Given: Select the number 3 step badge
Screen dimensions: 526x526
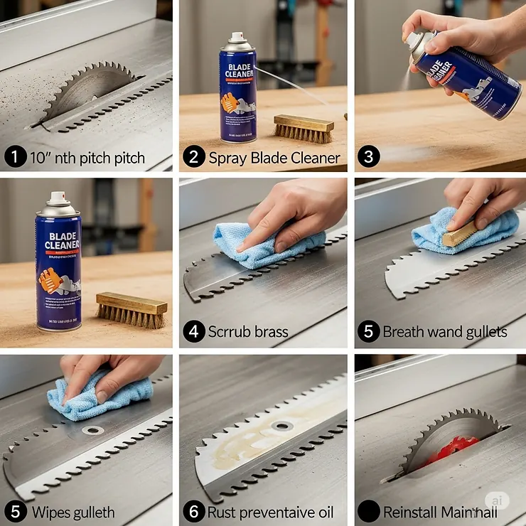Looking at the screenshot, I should click(367, 157).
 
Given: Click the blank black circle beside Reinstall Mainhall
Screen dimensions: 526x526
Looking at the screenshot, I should click(367, 511).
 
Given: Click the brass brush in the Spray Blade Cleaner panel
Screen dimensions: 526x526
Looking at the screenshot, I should click(302, 129).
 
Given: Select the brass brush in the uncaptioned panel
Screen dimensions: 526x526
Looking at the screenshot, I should click(131, 309).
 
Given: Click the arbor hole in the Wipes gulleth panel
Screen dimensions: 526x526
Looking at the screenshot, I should click(91, 430).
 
